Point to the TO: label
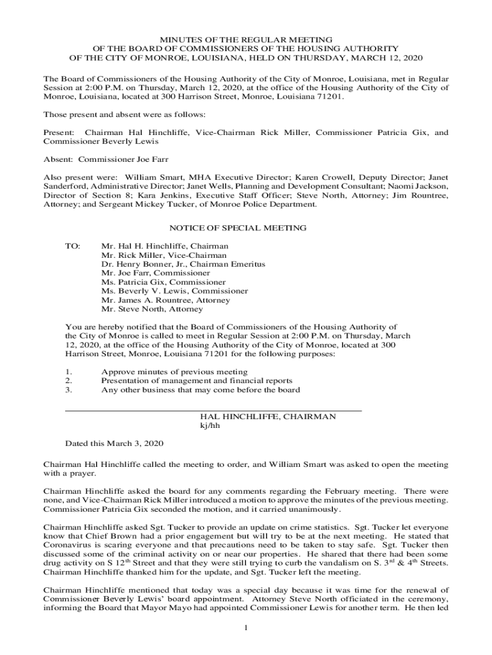[73, 246]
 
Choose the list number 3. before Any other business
[69, 390]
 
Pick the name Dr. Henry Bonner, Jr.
[144, 264]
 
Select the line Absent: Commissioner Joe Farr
[106, 159]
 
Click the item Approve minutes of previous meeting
[174, 372]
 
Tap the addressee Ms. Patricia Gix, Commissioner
[163, 282]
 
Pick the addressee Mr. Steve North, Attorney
[152, 309]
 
